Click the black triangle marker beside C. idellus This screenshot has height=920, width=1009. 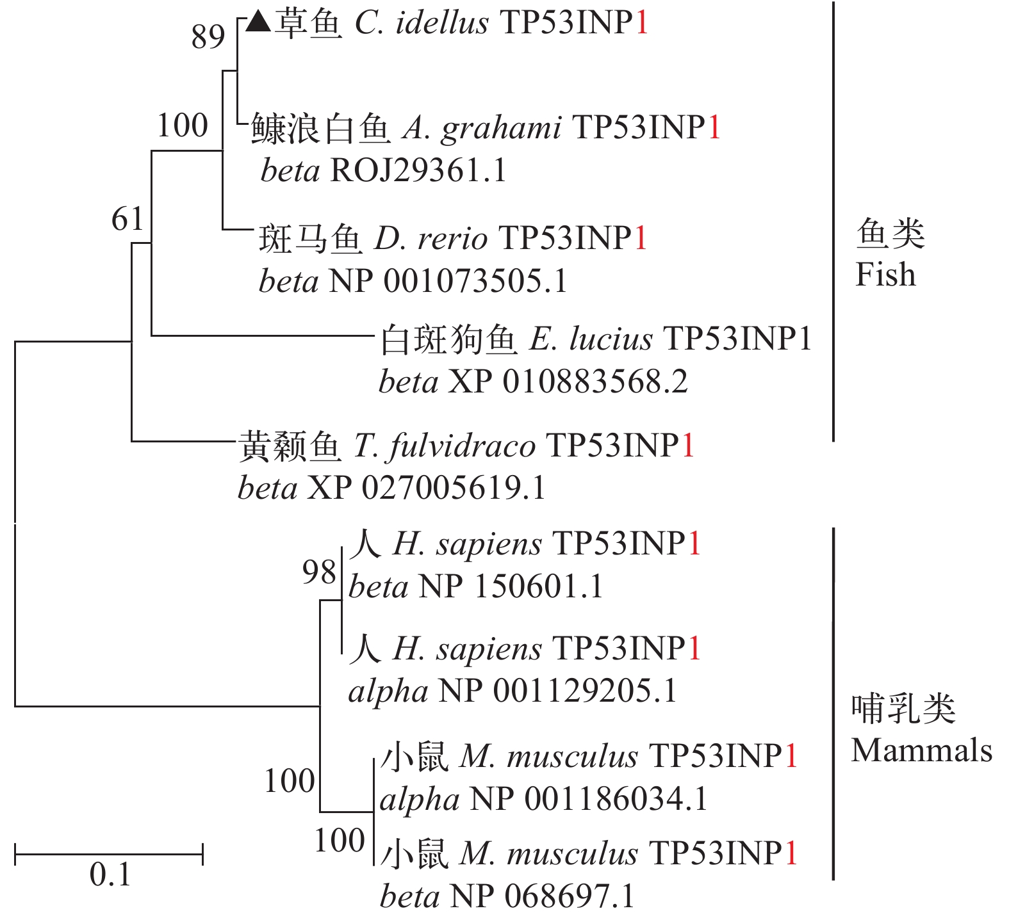coord(259,23)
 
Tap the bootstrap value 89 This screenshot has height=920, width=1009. coord(208,37)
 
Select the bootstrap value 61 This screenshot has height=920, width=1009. coord(127,220)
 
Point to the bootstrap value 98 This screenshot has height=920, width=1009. coord(319,572)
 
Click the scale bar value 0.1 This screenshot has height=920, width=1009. coord(110,875)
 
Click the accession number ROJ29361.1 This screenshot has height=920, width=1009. coord(418,171)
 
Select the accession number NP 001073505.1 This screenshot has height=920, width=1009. coord(447,282)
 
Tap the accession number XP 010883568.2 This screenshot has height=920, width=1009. coord(568,382)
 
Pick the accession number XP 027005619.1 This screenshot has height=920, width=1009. coord(426,488)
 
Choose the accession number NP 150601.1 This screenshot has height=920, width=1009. coord(510,586)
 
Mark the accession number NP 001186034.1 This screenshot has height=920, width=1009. coord(588,799)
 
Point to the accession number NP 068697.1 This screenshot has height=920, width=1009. coord(542,896)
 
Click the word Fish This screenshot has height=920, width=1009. coord(885,275)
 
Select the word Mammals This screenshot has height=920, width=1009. coord(921,750)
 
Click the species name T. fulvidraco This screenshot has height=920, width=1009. coord(444,446)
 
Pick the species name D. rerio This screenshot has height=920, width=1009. coord(431,239)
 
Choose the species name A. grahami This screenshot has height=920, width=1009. coord(482,128)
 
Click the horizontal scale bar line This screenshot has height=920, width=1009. coord(109,853)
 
